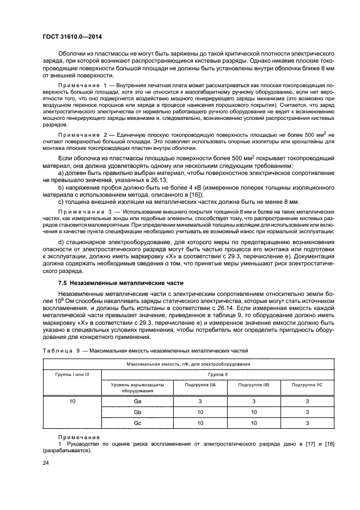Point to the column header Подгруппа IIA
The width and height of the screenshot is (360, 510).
tap(200, 385)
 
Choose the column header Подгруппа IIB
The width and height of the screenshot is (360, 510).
tap(253, 385)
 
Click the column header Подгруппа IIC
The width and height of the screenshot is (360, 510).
tap(307, 385)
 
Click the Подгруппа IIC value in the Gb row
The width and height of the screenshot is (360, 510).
tap(307, 412)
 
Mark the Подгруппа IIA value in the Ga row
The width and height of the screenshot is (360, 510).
tap(200, 401)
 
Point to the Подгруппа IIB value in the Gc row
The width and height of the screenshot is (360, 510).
tap(253, 423)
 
